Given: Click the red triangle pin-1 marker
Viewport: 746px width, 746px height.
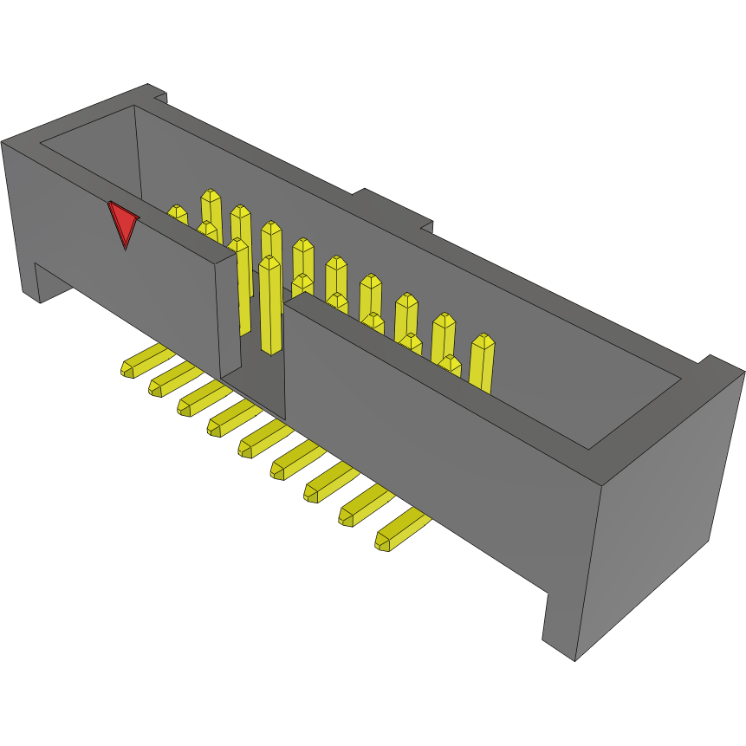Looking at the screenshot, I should pos(124,224).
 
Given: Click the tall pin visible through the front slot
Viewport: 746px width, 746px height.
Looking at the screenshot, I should pos(269,303).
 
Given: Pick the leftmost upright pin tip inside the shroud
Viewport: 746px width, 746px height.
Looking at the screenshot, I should pos(177,213).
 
